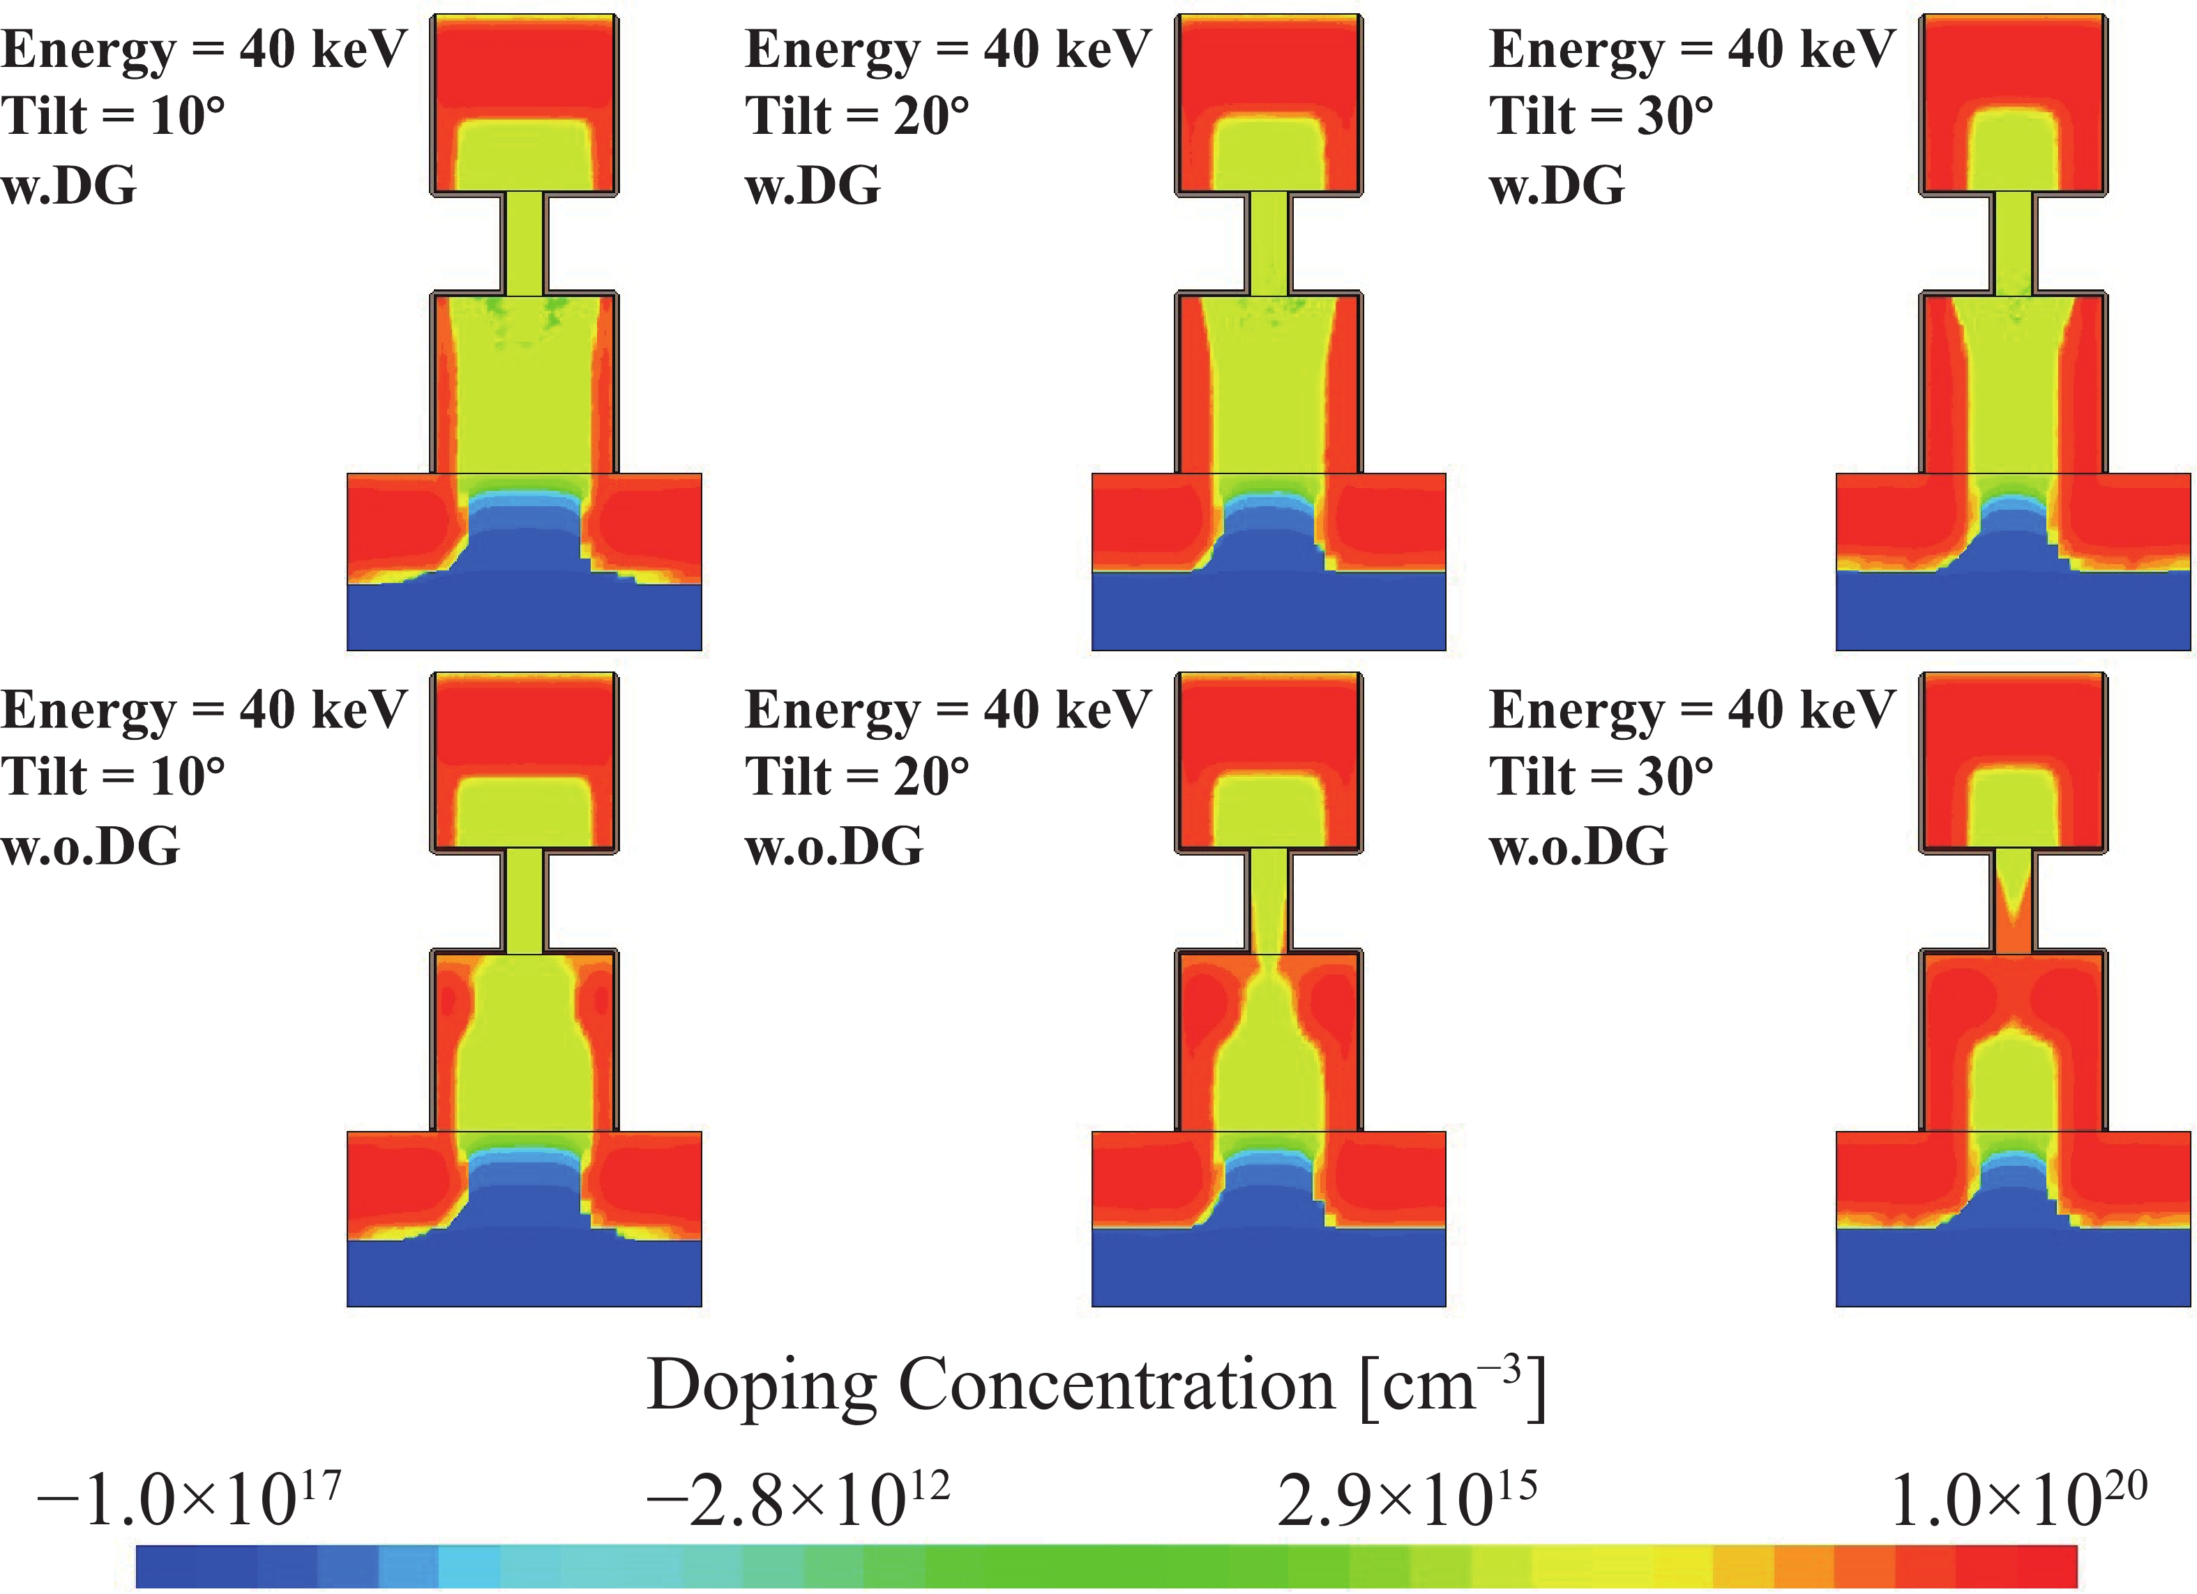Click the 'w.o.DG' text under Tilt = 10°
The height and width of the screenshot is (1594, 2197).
pos(90,845)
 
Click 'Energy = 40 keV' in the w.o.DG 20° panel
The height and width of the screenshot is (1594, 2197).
pos(947,709)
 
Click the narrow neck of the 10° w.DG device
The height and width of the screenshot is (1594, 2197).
pos(524,243)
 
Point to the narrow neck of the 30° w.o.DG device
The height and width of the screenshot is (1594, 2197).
pos(2013,902)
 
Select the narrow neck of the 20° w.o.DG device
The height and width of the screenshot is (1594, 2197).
pos(1268,902)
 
